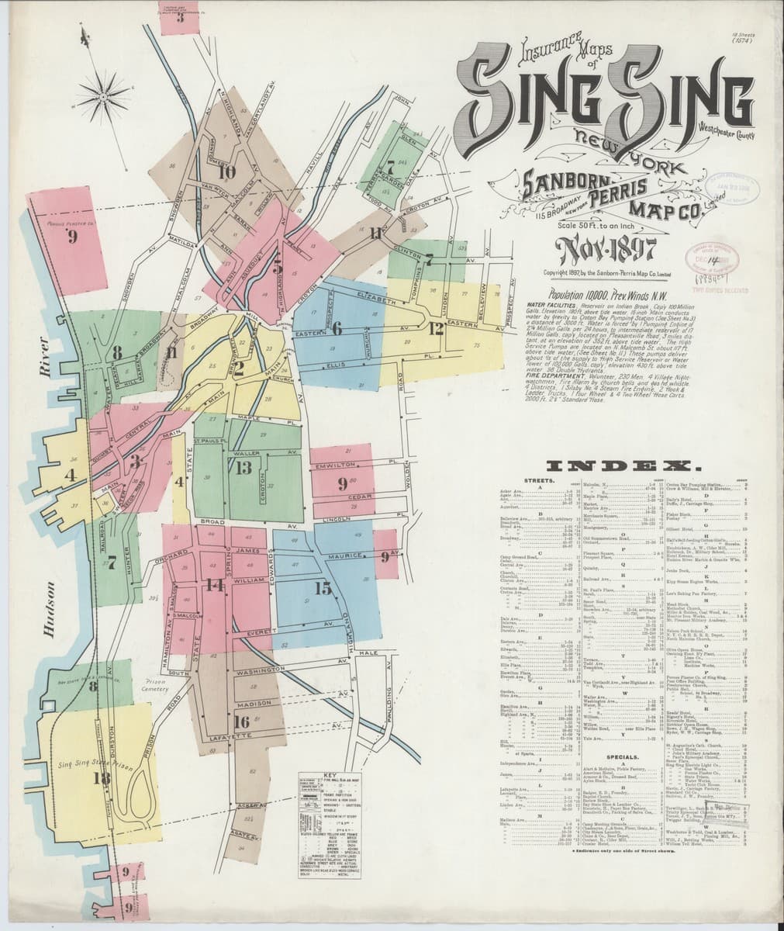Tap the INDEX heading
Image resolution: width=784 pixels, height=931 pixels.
[624, 466]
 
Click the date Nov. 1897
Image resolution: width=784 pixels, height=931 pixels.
[606, 251]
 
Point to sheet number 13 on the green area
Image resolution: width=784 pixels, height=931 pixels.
[244, 467]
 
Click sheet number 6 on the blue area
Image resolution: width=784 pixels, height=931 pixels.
[337, 327]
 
